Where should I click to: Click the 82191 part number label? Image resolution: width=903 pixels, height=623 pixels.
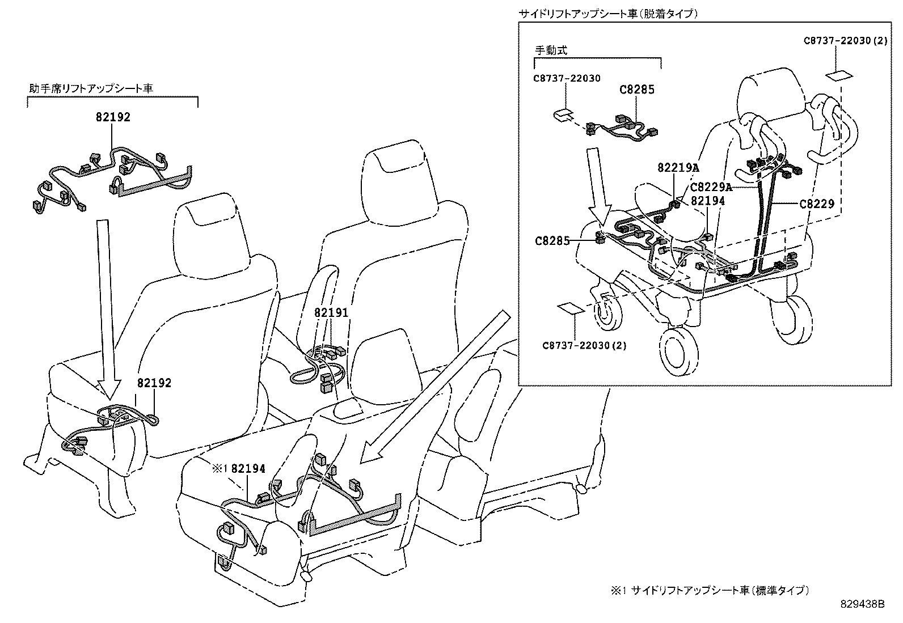[x=331, y=312]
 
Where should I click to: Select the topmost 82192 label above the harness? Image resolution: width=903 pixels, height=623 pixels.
[x=112, y=117]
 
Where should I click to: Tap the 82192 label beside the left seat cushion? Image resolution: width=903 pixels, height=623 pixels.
[x=154, y=383]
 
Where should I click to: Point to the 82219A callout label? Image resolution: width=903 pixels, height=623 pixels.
[x=678, y=168]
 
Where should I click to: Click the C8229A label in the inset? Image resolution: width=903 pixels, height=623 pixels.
[x=711, y=188]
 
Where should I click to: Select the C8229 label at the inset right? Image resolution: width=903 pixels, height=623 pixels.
[x=816, y=204]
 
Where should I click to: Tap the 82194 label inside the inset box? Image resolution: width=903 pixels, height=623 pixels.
[x=708, y=200]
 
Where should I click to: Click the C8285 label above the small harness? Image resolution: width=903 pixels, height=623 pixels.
[x=636, y=90]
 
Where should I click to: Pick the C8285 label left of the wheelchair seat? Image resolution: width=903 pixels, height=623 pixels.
[x=552, y=240]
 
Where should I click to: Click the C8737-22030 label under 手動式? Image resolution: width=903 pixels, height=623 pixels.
[x=566, y=78]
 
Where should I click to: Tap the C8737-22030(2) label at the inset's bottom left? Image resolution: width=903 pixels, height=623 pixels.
[x=584, y=345]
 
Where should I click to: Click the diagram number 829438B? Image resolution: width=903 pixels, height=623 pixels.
[x=862, y=604]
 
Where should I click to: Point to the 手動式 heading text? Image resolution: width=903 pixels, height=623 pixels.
[x=551, y=50]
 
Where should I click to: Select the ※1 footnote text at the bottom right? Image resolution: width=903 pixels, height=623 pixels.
[x=709, y=590]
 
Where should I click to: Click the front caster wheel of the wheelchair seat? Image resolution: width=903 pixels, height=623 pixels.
[x=678, y=351]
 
